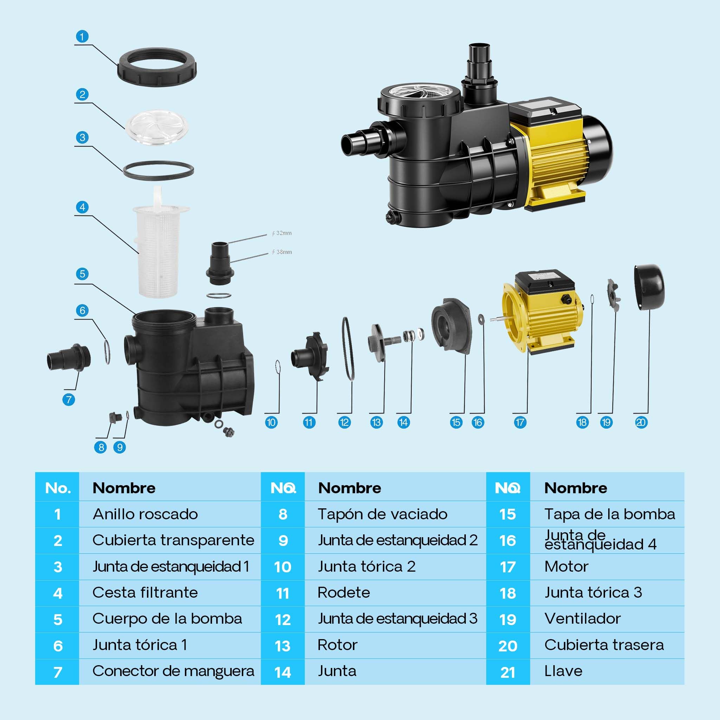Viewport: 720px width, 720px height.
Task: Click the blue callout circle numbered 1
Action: click(82, 37)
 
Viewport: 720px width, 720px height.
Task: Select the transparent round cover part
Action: click(156, 126)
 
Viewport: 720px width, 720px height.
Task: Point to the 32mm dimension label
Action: click(282, 233)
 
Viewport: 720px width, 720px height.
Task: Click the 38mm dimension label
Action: click(282, 252)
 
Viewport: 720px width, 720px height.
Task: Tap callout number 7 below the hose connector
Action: click(69, 400)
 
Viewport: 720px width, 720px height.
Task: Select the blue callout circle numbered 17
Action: click(520, 422)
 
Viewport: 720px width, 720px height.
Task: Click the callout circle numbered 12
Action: click(344, 422)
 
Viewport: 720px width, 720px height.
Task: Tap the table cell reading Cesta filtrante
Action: click(145, 592)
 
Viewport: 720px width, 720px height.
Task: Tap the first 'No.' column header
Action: click(57, 488)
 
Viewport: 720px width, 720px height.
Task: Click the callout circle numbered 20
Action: click(641, 422)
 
